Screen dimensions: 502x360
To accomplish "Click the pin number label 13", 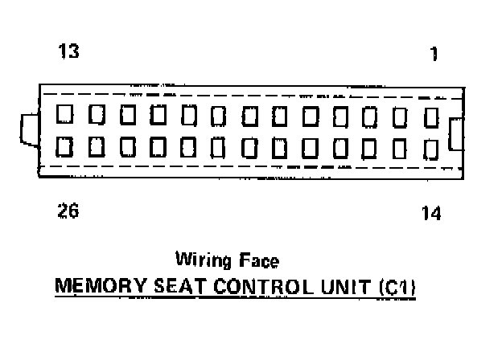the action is [68, 53].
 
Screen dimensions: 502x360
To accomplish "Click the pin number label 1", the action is [434, 55].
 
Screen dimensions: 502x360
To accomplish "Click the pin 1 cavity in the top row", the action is [431, 117].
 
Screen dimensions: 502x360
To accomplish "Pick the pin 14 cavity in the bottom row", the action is [431, 149].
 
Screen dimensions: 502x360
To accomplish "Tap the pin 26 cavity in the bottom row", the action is [64, 146].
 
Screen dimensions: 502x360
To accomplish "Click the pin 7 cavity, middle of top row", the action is [248, 116].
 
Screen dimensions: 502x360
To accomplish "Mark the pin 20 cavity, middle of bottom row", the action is [248, 147].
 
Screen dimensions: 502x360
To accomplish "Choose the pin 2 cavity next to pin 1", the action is [401, 117].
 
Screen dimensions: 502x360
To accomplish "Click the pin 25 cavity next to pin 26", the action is [95, 146].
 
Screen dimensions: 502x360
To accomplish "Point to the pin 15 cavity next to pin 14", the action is [401, 148].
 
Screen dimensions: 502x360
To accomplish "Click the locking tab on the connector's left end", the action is [28, 130].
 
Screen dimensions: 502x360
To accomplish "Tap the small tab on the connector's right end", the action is [456, 133].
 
